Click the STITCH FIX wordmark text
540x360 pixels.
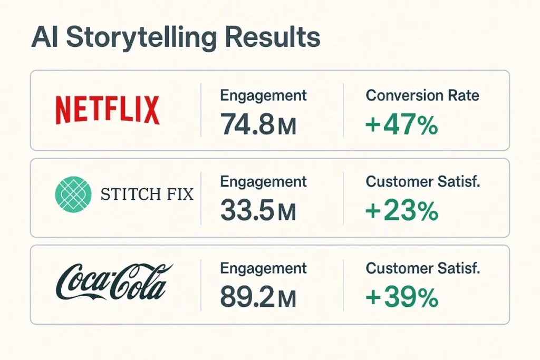[x=146, y=195]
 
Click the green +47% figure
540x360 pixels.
[x=401, y=125]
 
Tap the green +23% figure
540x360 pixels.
[x=401, y=212]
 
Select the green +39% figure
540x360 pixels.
[x=401, y=298]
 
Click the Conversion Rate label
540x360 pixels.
[x=422, y=95]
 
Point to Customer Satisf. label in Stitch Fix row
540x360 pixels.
[x=423, y=182]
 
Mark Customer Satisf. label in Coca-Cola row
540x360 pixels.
[x=423, y=268]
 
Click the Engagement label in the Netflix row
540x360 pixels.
[x=263, y=96]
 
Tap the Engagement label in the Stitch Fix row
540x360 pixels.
[x=263, y=182]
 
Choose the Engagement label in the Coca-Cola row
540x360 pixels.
[x=263, y=269]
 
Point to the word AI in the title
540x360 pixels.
[x=45, y=38]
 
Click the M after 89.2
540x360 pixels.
[x=286, y=300]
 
